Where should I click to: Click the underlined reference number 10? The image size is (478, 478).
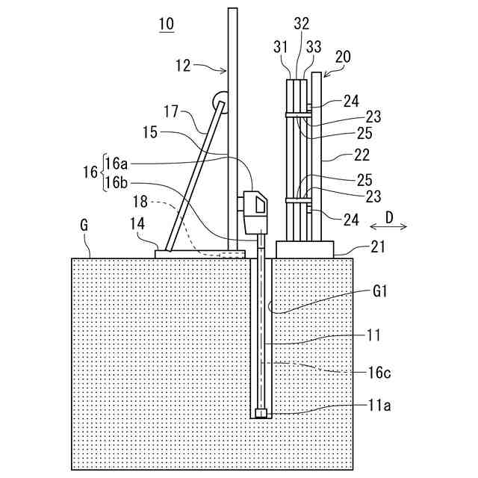click(167, 24)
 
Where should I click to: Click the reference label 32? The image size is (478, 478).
click(301, 24)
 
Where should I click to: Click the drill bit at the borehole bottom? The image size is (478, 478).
click(261, 414)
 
